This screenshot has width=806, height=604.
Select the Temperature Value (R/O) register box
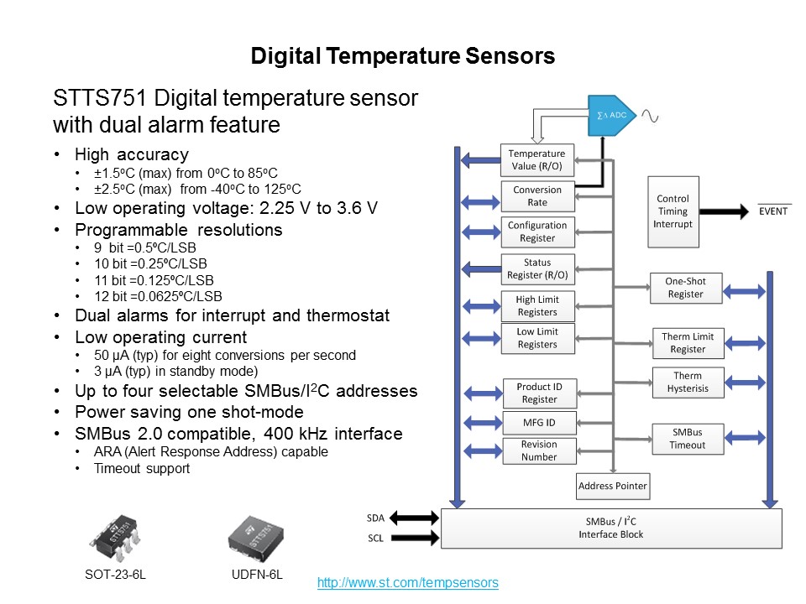pos(537,160)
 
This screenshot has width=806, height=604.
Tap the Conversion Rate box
pos(537,196)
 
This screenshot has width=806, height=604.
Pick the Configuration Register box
pos(537,232)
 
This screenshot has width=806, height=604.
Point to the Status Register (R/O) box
pos(537,268)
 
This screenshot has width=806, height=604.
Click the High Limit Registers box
pos(537,305)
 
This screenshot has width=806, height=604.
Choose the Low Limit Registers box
pos(537,338)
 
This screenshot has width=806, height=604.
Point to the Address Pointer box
pos(613,485)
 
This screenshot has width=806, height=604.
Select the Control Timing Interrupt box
pos(673,211)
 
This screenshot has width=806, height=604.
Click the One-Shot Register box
pos(685,288)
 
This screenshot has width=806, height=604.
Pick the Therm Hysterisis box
pos(688,382)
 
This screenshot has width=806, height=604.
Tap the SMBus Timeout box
pos(688,439)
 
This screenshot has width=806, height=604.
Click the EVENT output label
pos(773,211)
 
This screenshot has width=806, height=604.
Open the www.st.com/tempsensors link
pos(407,582)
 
